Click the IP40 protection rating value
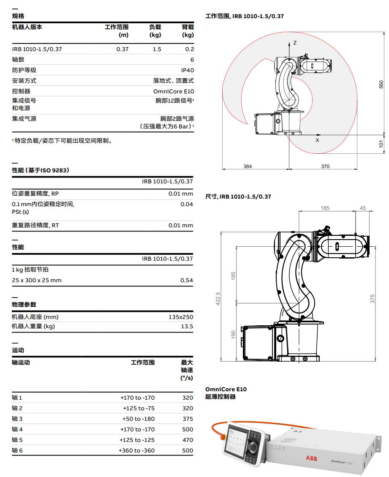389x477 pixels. pos(188,70)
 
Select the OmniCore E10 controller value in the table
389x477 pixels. pos(174,91)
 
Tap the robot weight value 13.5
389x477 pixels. pos(187,326)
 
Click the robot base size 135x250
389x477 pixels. pos(181,317)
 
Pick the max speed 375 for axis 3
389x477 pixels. pos(188,419)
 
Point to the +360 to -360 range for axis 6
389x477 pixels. pos(137,450)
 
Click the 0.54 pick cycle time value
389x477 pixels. pos(187,280)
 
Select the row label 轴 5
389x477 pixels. pos(17,440)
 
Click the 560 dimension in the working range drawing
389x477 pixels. pos(381,84)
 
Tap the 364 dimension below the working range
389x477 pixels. pos(248,166)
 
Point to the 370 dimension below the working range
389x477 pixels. pos(325,166)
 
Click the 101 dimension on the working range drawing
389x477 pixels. pos(381,144)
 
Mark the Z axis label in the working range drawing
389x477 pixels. pos(295,43)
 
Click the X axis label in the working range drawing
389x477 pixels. pos(318,140)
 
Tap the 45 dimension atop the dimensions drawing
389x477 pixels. pos(363,208)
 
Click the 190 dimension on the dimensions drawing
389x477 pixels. pos(233,335)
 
